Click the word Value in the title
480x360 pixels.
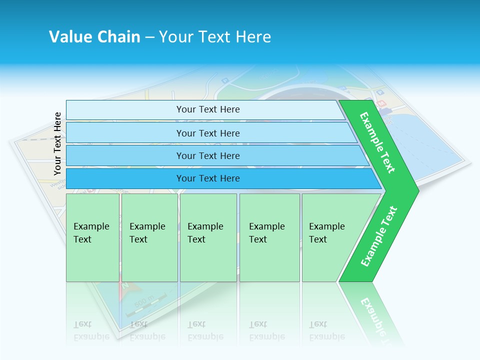(x=70, y=37)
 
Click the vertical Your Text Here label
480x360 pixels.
(x=57, y=143)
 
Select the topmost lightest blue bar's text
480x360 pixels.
(x=208, y=109)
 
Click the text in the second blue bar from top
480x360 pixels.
(x=208, y=133)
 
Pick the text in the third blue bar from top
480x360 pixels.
(x=208, y=156)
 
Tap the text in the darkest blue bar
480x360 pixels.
(x=208, y=178)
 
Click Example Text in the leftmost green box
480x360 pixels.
(x=91, y=233)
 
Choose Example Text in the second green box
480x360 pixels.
(x=147, y=233)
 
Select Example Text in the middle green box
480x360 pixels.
(x=205, y=233)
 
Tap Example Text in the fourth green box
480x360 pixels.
(x=266, y=233)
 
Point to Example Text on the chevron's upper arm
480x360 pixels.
(x=377, y=142)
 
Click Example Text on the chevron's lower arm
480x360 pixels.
(x=379, y=236)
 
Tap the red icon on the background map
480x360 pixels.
(x=382, y=103)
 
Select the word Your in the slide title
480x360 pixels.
(x=175, y=37)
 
